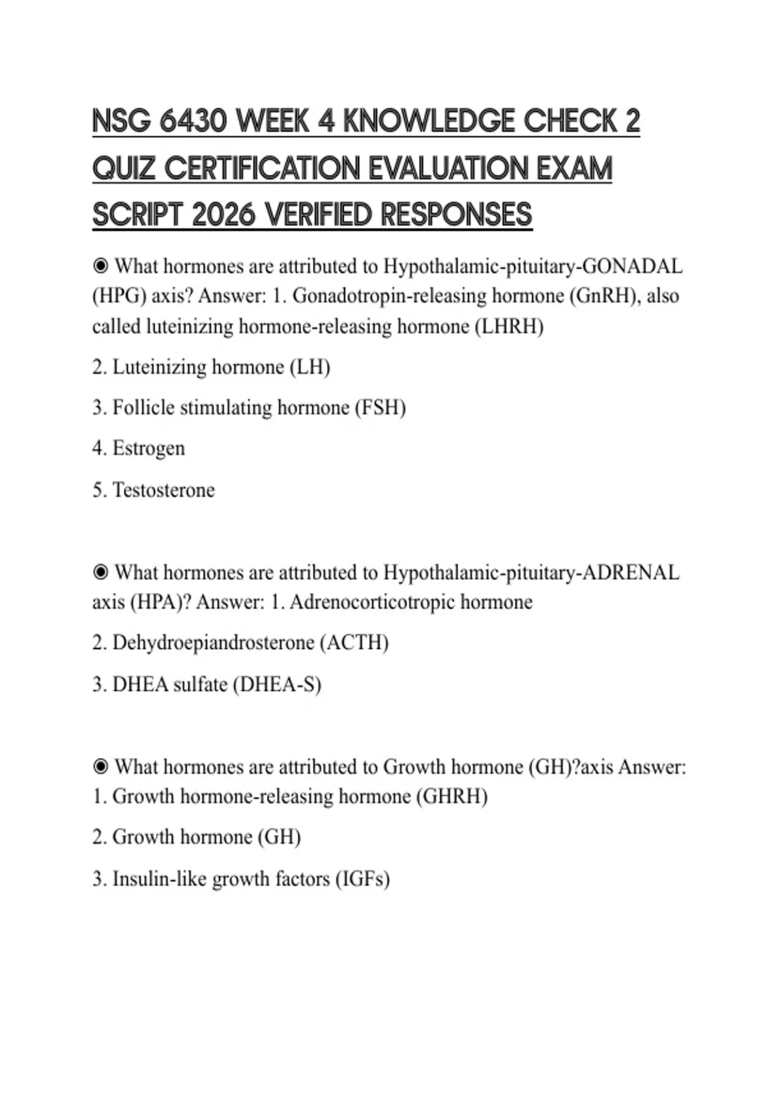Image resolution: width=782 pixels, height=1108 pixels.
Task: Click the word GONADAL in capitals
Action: [x=631, y=267]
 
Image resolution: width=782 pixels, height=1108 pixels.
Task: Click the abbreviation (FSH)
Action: [x=380, y=408]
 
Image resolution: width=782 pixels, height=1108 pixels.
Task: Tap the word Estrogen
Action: [x=149, y=448]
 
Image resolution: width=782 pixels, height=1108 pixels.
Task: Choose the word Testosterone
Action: [x=164, y=489]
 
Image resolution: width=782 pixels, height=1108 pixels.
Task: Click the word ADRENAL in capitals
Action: [x=630, y=572]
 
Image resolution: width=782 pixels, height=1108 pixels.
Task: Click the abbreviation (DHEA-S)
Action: [x=277, y=684]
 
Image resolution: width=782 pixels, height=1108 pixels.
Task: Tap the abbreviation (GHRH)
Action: [x=452, y=796]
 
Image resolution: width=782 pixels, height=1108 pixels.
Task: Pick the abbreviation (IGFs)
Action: [x=362, y=879]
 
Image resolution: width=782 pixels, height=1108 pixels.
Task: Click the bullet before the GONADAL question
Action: [x=100, y=266]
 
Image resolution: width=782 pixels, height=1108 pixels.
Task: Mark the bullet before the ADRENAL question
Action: [x=100, y=572]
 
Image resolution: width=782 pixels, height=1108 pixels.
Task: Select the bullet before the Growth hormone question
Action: [x=100, y=766]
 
